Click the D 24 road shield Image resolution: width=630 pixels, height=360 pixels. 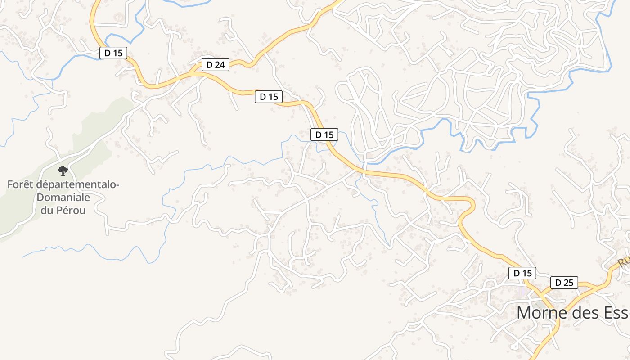coord(216,65)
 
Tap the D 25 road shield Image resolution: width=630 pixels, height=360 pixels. coord(564,283)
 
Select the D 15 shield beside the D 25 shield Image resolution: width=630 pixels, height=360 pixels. coord(522,273)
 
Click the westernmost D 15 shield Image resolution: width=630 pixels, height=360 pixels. coord(113,53)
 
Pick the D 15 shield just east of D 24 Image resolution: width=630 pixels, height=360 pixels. coord(269,96)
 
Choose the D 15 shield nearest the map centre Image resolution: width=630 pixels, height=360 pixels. coord(324,134)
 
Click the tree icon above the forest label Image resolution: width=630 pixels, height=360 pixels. coord(63,171)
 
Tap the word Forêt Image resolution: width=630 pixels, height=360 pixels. coord(21,184)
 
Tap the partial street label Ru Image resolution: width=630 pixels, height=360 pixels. coord(624,262)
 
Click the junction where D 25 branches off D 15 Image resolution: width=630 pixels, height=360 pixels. coord(542,292)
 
